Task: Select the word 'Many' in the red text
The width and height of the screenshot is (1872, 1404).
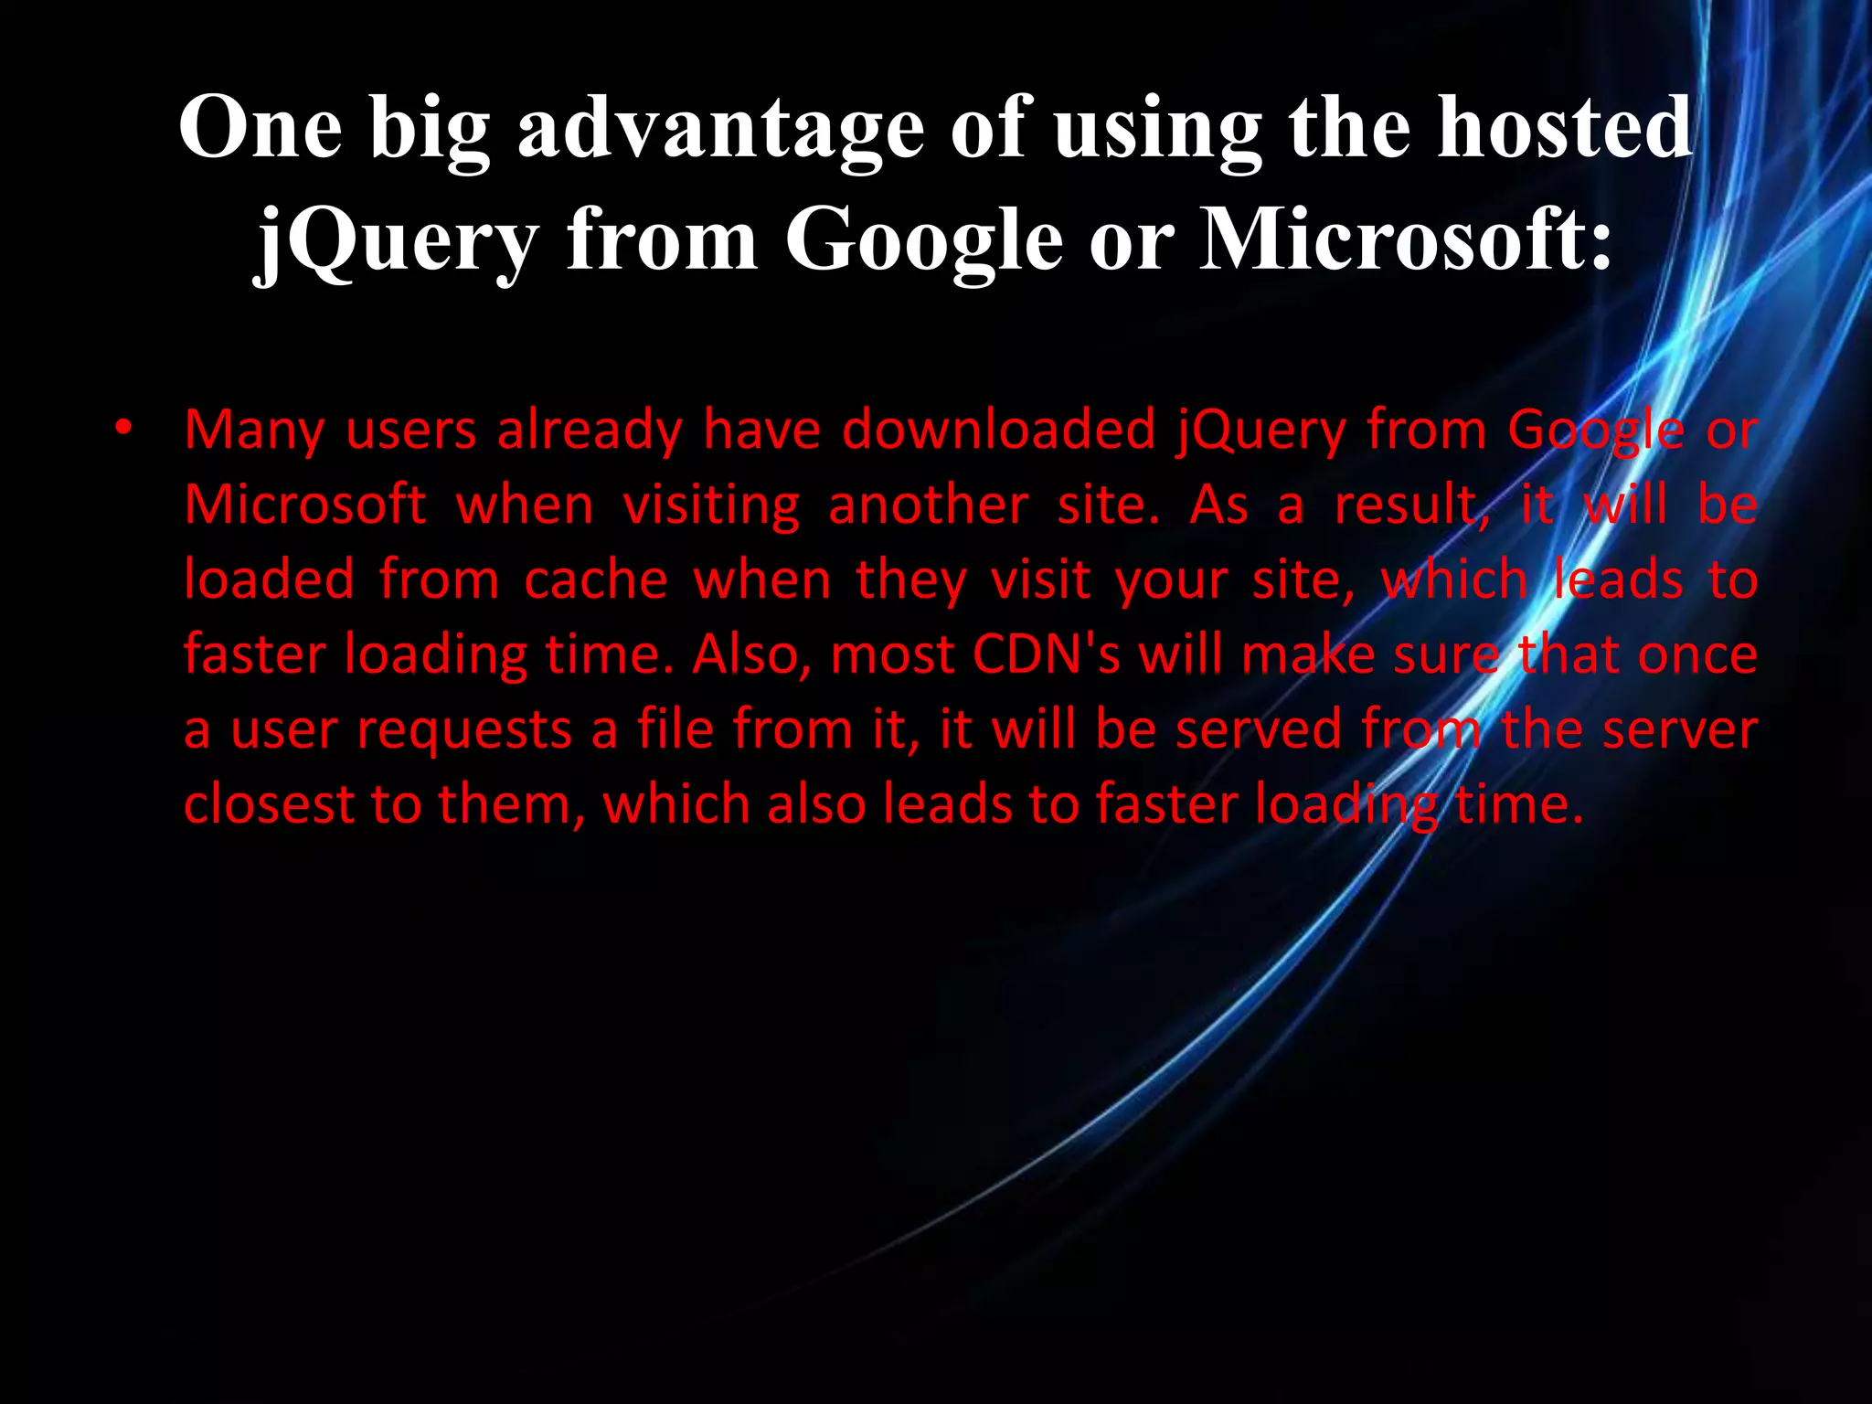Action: tap(254, 430)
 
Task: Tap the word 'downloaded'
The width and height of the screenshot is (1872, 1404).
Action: tap(999, 430)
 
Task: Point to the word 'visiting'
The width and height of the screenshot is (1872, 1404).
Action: tap(711, 505)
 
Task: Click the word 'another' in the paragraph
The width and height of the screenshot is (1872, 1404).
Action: tap(928, 505)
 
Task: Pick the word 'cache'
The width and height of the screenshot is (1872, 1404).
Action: tap(596, 580)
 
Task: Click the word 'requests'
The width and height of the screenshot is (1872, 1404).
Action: tap(464, 730)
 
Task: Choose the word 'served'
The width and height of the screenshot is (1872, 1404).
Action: tap(1258, 729)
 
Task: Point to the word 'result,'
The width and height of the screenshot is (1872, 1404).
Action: tap(1411, 505)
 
